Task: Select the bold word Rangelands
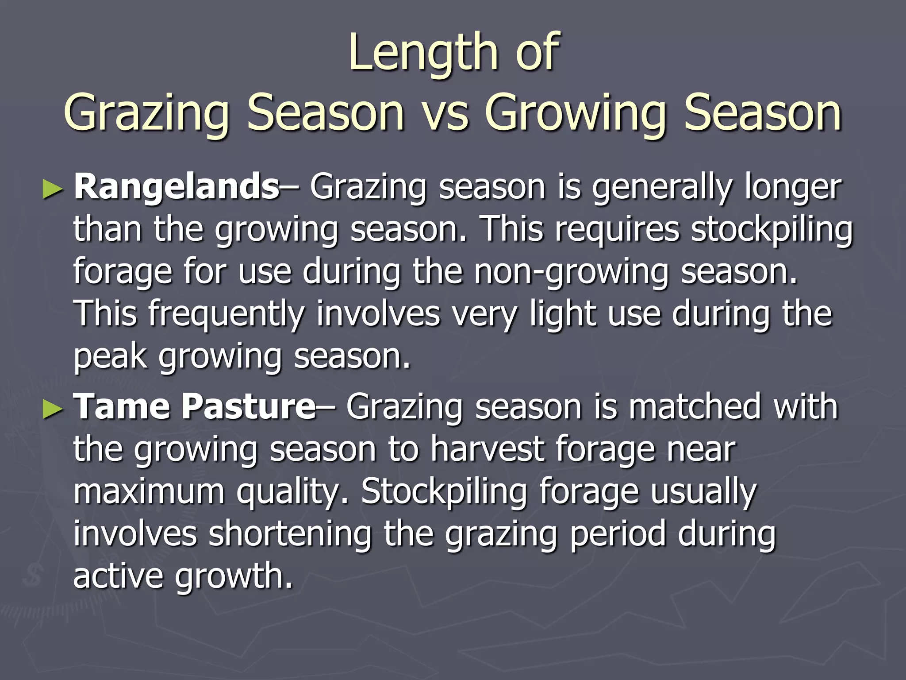[176, 187]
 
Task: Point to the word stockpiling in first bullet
[772, 230]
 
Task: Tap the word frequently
[226, 314]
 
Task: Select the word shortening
[290, 534]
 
